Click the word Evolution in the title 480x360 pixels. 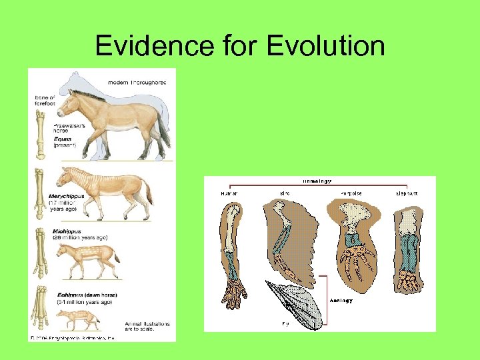point(325,46)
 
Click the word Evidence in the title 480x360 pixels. point(155,46)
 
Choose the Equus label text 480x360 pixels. point(64,139)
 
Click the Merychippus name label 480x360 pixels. point(67,196)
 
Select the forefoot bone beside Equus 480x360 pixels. point(40,133)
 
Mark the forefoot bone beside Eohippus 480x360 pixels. point(40,310)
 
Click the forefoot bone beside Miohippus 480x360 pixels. point(41,253)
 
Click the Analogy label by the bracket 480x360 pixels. point(341,300)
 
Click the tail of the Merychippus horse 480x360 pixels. point(148,191)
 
